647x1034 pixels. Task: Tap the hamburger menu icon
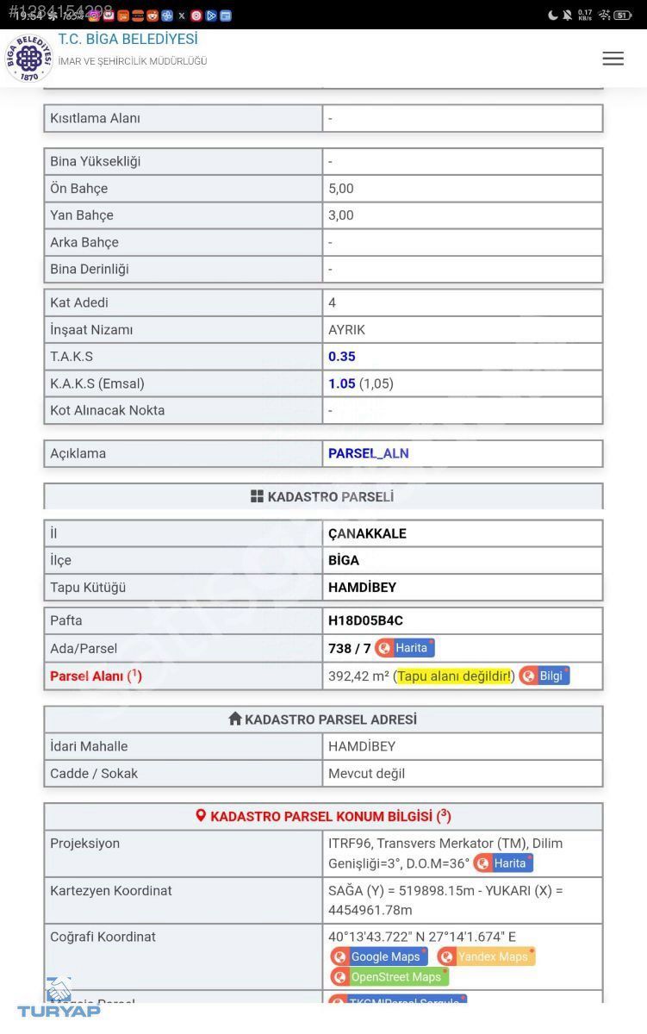click(613, 59)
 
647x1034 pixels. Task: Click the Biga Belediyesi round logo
click(29, 59)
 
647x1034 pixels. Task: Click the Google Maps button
click(379, 956)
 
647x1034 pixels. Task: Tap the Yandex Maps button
click(486, 956)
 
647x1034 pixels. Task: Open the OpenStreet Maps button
click(389, 977)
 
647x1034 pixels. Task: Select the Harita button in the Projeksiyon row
click(503, 863)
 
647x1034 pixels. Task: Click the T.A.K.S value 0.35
click(342, 357)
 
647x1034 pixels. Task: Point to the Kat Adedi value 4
click(333, 302)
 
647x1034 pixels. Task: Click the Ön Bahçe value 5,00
click(341, 189)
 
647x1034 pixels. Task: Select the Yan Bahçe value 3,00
click(341, 215)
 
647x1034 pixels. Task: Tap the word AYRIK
click(347, 330)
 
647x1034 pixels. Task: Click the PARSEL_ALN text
click(369, 453)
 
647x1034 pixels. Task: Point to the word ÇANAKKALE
click(367, 533)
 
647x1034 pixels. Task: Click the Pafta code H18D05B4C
click(365, 620)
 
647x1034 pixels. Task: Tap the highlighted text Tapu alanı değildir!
click(454, 676)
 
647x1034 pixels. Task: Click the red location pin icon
click(201, 815)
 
